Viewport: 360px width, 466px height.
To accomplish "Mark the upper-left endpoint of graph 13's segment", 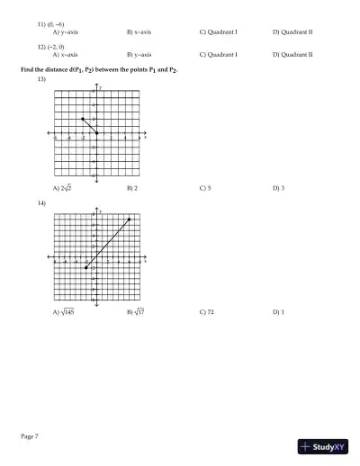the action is (x=83, y=119).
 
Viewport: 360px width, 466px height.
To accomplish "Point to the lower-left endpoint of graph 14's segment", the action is (x=85, y=268).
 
